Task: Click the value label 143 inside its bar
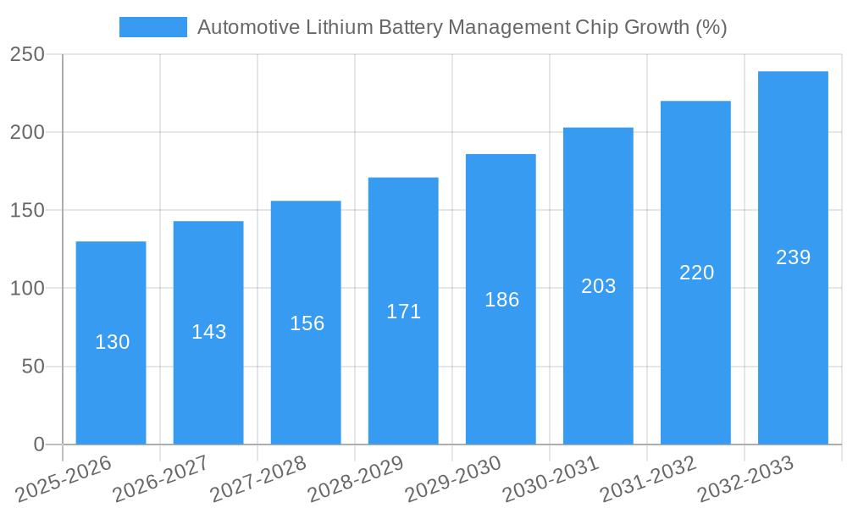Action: pyautogui.click(x=208, y=332)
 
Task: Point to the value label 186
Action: pyautogui.click(x=501, y=300)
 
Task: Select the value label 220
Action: pyautogui.click(x=696, y=273)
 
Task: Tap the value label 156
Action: pyautogui.click(x=307, y=323)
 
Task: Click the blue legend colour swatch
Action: pyautogui.click(x=153, y=27)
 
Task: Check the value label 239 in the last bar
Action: pyautogui.click(x=793, y=257)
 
